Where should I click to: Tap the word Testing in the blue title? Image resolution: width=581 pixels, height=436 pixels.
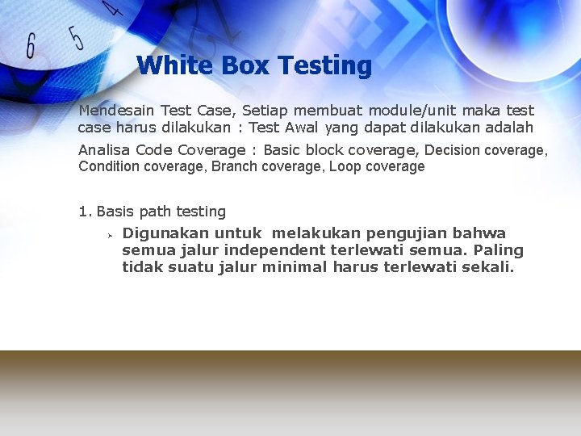click(x=324, y=65)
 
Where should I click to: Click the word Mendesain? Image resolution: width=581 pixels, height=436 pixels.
click(x=116, y=110)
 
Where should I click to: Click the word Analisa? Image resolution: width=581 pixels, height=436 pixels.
click(x=104, y=149)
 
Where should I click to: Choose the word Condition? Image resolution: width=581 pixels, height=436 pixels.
click(x=109, y=166)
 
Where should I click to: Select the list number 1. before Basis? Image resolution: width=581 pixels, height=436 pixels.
click(x=85, y=212)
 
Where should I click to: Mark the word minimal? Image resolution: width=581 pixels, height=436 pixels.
click(x=295, y=267)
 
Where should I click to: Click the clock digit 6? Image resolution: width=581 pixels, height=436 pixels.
click(x=31, y=46)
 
